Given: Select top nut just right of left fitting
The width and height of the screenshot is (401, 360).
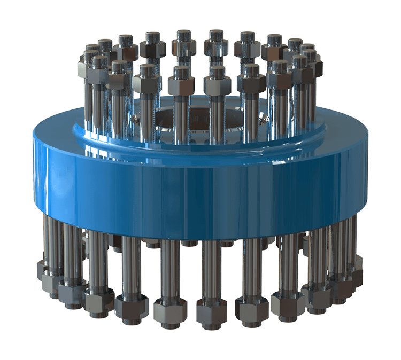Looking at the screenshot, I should (x=145, y=82).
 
